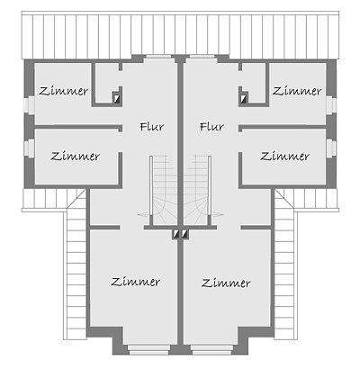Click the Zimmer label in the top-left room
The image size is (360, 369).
pos(63,91)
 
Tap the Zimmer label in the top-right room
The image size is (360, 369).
pos(297,91)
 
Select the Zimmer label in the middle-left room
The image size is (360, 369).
pos(75,156)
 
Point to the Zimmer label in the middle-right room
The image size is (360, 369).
pos(284,156)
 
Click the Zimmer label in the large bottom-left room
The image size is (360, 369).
pos(136,282)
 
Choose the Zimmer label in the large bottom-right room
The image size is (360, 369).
pos(226,283)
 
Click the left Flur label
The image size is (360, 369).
pos(152,127)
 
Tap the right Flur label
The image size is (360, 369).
pos(211,127)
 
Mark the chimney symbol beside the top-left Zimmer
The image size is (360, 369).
pos(116,98)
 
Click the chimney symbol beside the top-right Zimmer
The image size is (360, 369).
pos(244,98)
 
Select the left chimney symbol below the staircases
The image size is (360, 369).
pos(175,234)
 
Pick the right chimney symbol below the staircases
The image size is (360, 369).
pos(184,234)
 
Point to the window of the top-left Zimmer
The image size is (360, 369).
pos(30,105)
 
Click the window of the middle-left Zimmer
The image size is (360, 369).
pos(30,148)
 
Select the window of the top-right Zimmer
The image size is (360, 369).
pos(331,105)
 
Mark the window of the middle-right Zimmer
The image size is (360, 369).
pos(331,148)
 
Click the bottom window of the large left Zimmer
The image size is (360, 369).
pos(148,349)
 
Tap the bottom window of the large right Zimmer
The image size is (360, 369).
pos(211,349)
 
